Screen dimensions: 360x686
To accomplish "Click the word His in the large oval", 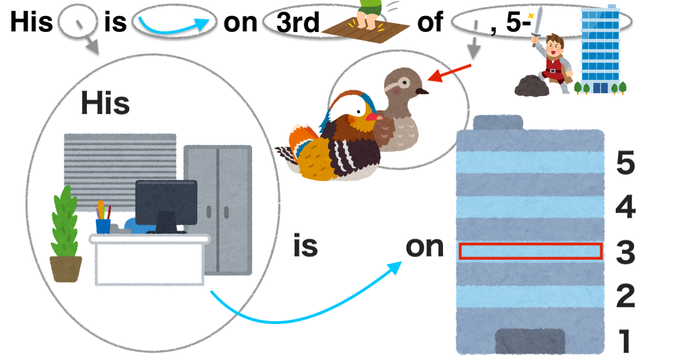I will (x=105, y=103).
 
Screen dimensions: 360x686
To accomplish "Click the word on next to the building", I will (x=424, y=247).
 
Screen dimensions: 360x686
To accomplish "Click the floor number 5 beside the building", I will (x=625, y=165).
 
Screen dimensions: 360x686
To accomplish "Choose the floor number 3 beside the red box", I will (x=625, y=252).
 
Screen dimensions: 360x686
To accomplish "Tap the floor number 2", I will (x=625, y=297).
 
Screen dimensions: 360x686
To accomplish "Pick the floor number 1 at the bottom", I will (x=625, y=341).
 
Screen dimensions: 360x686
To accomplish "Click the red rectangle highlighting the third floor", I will (x=531, y=251).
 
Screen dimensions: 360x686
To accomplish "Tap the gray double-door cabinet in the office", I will (x=218, y=209).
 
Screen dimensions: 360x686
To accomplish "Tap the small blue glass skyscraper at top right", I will (x=600, y=49).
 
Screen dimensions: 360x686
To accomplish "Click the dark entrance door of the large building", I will (x=530, y=341).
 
